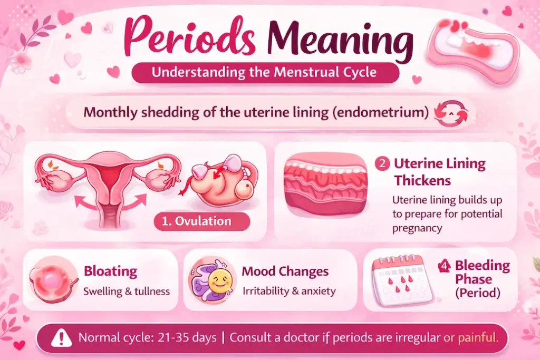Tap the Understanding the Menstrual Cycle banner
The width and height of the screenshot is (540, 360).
pos(264,72)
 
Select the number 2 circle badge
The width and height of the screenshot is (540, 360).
pos(382,163)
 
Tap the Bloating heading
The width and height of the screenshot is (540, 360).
pos(110,271)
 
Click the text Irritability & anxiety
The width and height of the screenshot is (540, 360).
pos(289,291)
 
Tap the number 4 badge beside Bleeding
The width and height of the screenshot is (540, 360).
pos(443,266)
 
